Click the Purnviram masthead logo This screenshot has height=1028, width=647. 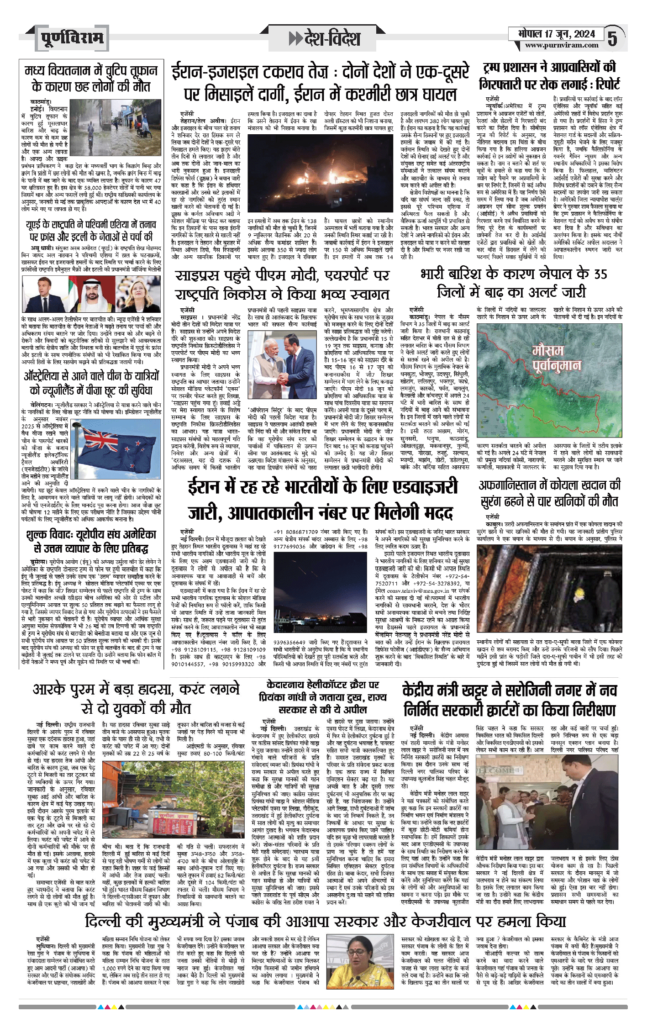click(72, 38)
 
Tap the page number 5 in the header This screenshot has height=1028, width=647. click(612, 39)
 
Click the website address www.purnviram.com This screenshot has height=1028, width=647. click(561, 45)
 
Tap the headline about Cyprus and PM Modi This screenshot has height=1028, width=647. click(282, 284)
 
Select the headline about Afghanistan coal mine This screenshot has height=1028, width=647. click(549, 493)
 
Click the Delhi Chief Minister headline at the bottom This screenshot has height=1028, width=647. click(325, 920)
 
